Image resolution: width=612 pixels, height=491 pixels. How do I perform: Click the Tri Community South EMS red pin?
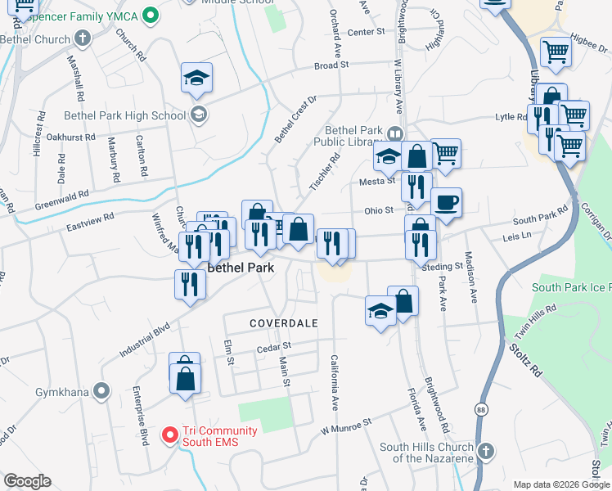[x=170, y=434]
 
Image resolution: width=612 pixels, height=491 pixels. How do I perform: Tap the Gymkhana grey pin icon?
[x=101, y=391]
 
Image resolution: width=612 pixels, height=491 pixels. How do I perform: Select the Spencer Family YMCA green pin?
[x=151, y=14]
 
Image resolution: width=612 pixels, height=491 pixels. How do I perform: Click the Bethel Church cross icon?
[x=82, y=38]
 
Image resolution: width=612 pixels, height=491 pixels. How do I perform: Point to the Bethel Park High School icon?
[x=197, y=115]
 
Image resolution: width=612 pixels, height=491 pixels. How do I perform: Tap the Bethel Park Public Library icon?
[x=396, y=133]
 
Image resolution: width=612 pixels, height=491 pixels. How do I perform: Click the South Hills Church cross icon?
[x=485, y=451]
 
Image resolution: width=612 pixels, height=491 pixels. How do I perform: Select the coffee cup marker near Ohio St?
[x=446, y=202]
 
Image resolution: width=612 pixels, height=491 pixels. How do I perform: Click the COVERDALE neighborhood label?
[x=284, y=323]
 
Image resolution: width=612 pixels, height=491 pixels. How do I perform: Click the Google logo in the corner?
[x=28, y=481]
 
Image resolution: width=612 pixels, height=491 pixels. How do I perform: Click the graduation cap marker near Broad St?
[x=196, y=78]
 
